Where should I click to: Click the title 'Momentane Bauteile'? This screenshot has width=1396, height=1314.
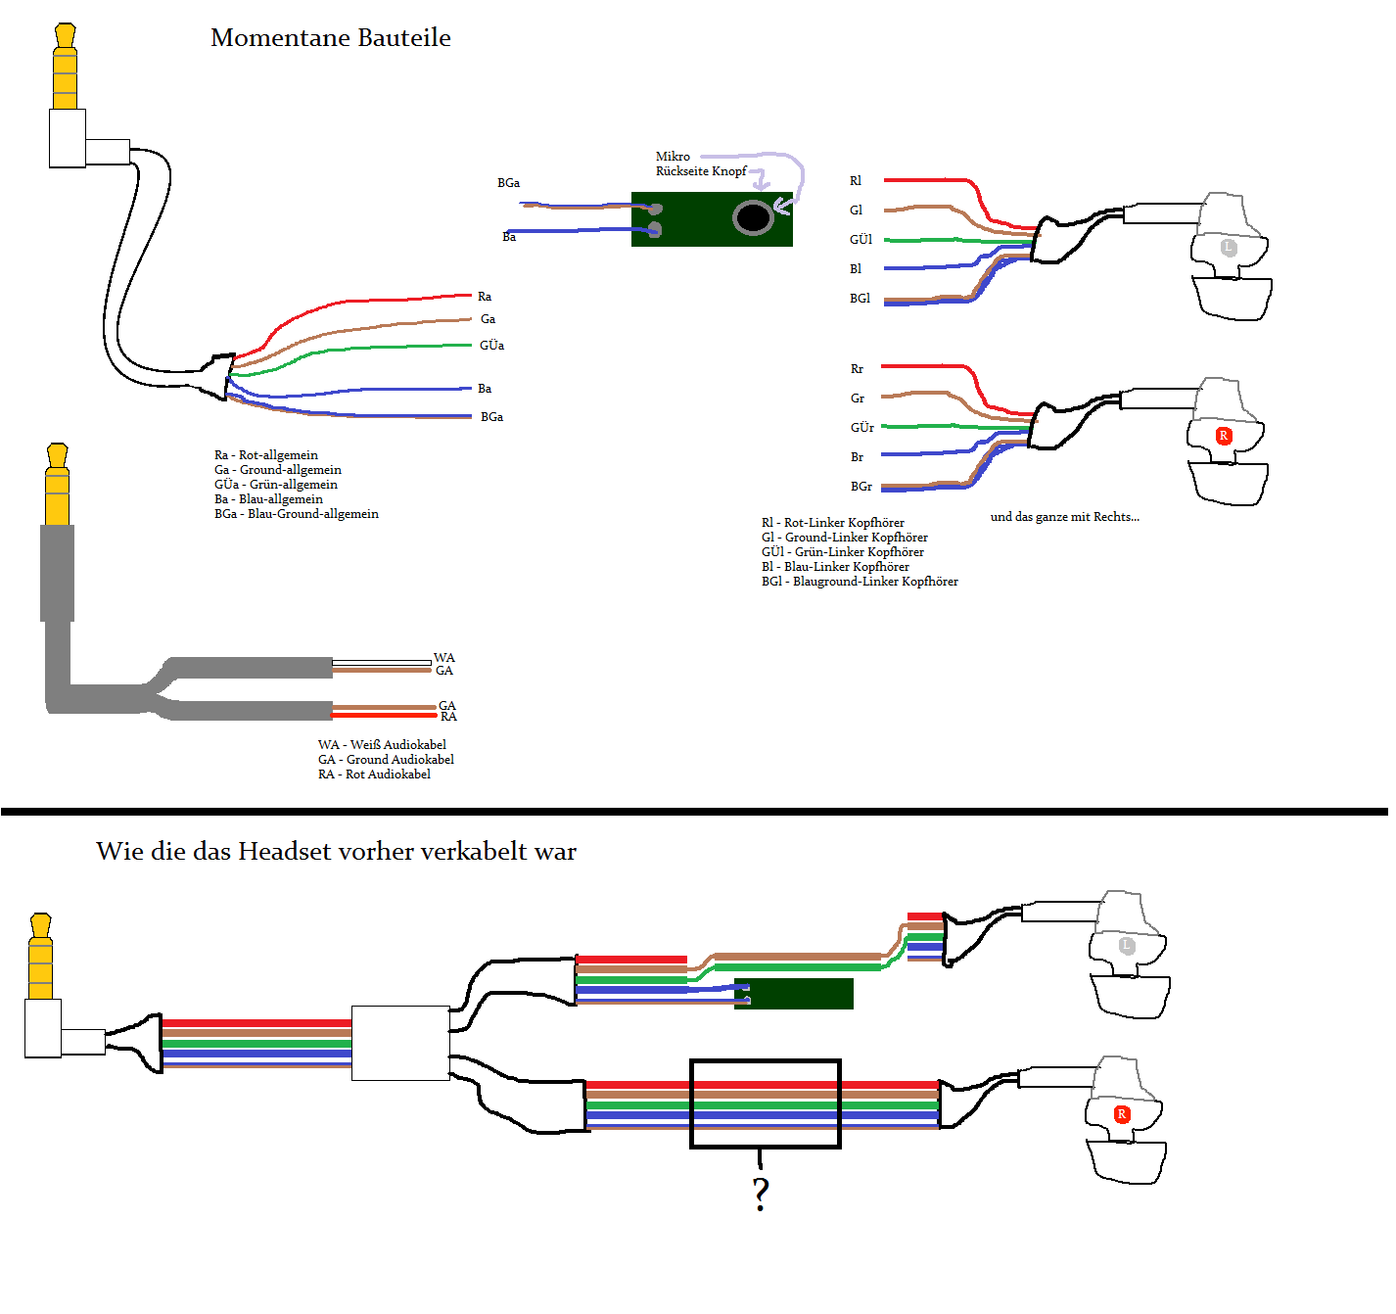(331, 38)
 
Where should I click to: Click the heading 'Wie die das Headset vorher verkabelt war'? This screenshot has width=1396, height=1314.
(336, 852)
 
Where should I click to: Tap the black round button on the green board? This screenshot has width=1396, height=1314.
(753, 217)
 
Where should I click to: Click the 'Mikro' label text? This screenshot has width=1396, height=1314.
(673, 157)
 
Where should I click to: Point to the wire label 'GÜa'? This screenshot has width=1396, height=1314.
(491, 346)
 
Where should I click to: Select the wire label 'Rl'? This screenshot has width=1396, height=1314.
(856, 181)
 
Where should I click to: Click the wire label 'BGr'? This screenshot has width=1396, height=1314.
(861, 487)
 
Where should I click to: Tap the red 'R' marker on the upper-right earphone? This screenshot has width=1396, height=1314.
(1224, 436)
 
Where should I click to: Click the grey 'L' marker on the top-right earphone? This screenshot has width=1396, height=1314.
(1229, 248)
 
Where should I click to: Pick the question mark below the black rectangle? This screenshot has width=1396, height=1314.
(761, 1194)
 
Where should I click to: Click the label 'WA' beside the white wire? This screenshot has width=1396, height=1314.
(444, 658)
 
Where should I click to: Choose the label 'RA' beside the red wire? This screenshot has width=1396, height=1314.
(448, 717)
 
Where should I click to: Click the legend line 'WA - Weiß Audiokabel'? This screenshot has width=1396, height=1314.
(382, 745)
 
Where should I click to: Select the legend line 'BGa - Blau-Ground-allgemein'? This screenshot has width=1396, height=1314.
(297, 514)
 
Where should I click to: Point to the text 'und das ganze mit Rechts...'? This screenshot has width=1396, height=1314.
(1065, 517)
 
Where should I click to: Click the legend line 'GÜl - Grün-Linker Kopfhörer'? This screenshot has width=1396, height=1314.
(843, 552)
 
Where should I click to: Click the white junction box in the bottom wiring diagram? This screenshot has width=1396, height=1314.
(400, 1043)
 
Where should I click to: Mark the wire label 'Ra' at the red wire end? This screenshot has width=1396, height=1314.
(485, 297)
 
